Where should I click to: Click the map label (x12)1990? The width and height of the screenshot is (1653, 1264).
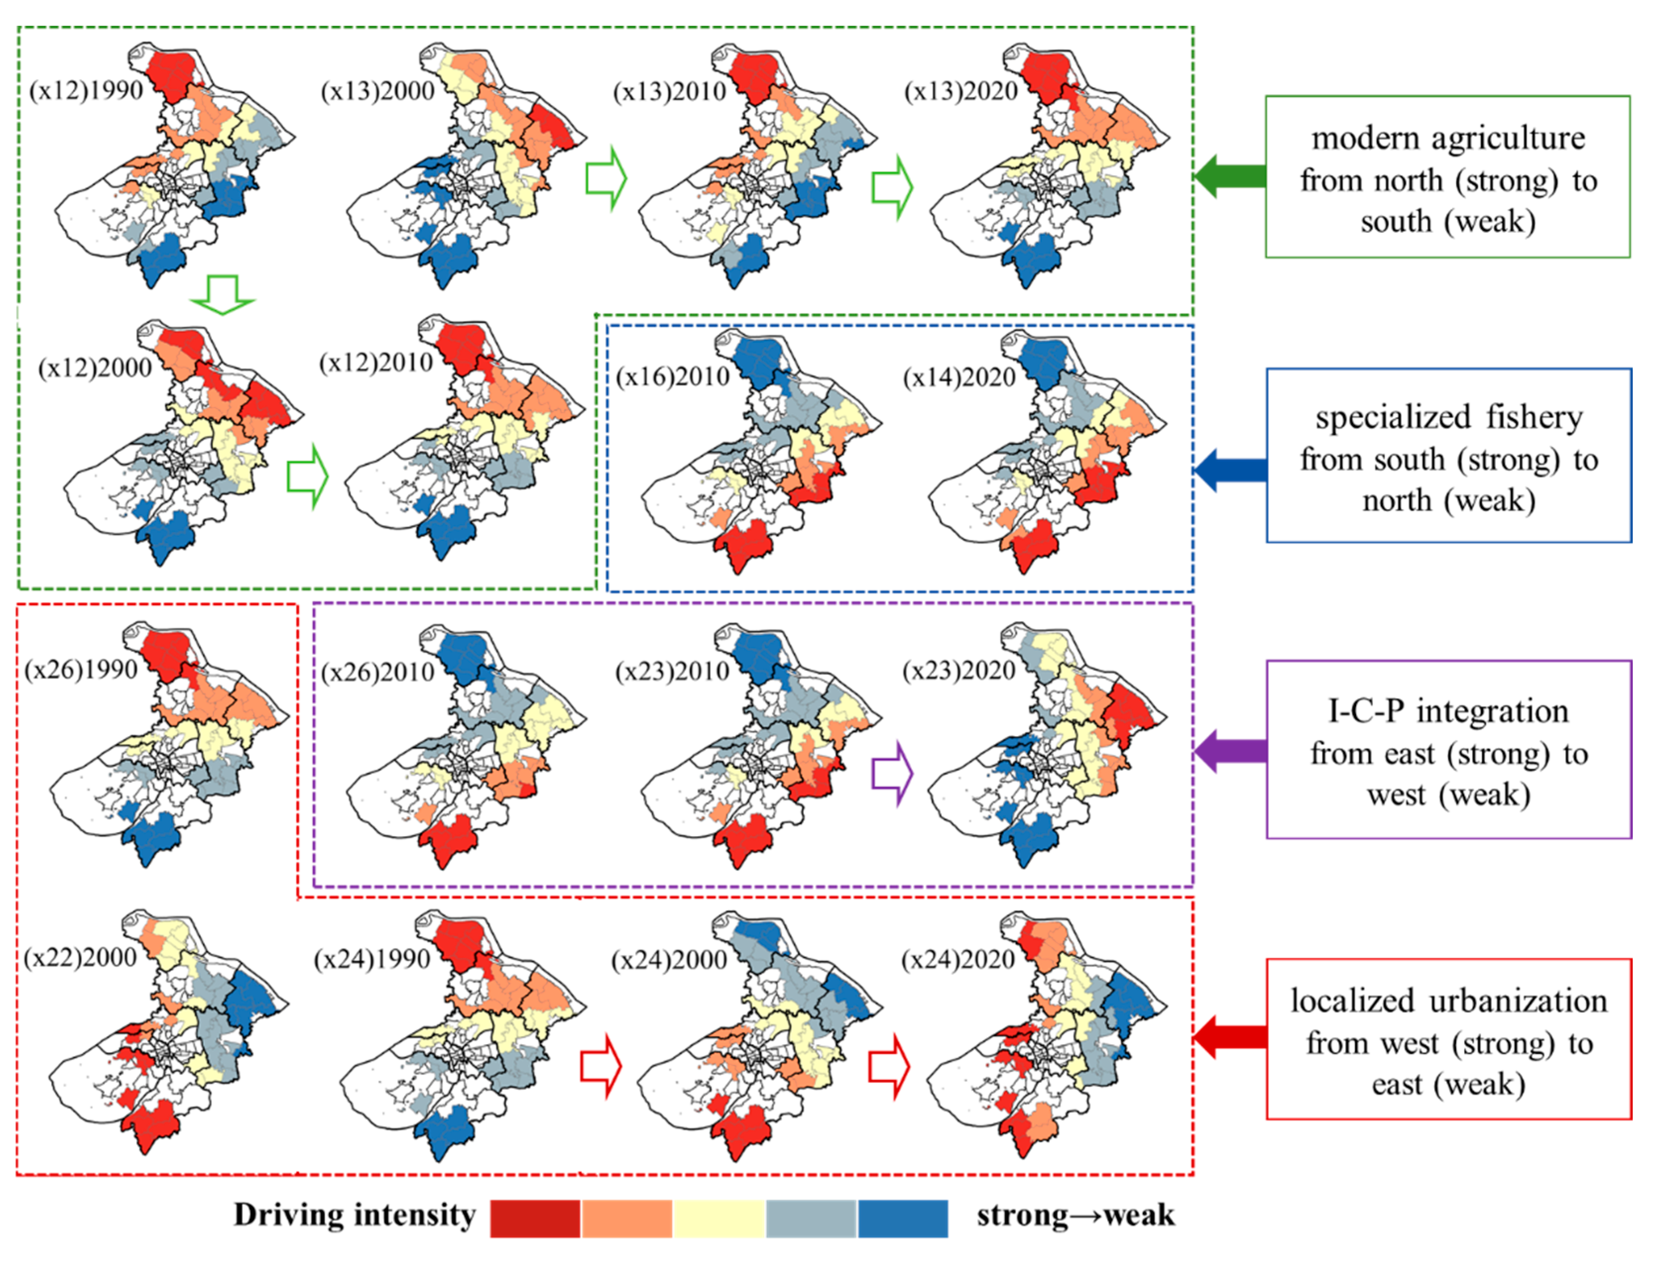pos(86,90)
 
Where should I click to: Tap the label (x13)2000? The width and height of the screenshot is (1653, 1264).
pos(377,91)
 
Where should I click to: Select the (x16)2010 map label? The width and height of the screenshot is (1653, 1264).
pos(672,376)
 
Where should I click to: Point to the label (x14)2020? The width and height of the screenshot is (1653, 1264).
pos(960,376)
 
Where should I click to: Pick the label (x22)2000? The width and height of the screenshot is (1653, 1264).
pos(80,957)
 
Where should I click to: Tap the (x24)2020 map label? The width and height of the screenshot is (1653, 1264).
pos(958,959)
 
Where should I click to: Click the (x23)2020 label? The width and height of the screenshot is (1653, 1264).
pos(959,670)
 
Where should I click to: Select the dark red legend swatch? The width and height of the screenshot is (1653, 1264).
pos(534,1218)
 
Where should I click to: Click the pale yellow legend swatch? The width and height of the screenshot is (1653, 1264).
pos(719,1218)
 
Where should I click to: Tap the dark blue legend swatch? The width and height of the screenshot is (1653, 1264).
pos(903,1218)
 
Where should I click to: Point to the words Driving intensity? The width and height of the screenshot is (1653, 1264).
pos(354,1215)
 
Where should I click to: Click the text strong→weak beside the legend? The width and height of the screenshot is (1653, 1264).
pos(1076,1215)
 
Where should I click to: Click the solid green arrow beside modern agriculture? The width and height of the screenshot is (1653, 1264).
pos(1228,176)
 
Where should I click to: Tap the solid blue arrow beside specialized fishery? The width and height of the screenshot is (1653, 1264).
pos(1228,470)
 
